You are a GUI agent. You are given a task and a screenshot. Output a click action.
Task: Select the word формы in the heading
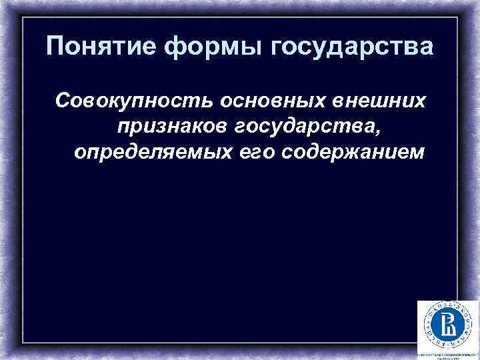(x=205, y=48)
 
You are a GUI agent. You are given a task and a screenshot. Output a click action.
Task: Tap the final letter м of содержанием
(x=417, y=152)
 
